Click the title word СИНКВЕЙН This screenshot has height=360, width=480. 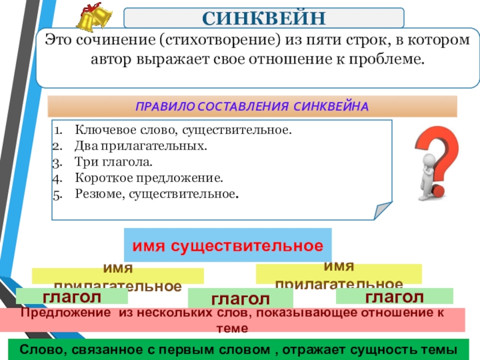point(264,17)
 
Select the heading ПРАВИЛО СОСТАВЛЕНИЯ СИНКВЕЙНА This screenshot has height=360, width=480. point(252,106)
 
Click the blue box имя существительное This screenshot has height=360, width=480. point(227,245)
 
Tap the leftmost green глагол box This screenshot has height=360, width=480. point(71,296)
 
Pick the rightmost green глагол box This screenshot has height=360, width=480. point(394,296)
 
